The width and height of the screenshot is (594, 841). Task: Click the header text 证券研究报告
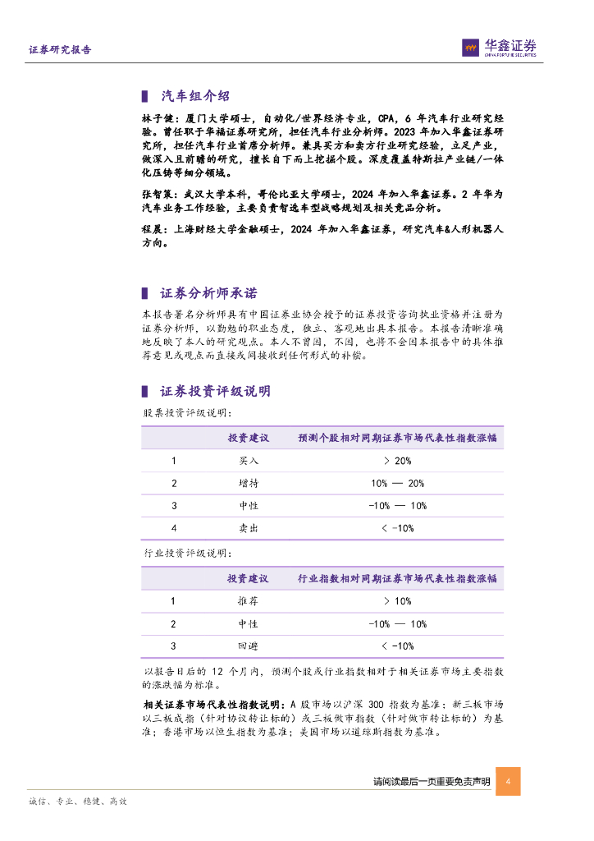[x=60, y=49]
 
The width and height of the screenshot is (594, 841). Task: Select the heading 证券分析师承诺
[x=208, y=293]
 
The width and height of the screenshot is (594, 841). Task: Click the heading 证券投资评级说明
[x=215, y=391]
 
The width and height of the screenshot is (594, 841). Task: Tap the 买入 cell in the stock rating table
[x=249, y=461]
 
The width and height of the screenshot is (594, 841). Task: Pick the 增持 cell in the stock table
[x=249, y=483]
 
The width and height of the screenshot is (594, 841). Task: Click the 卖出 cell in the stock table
[x=249, y=528]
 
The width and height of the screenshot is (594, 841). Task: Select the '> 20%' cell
[x=397, y=461]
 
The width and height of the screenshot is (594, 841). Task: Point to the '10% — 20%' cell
[x=397, y=483]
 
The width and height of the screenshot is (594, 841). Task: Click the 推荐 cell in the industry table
[x=249, y=601]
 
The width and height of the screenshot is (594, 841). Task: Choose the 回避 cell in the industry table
[x=249, y=646]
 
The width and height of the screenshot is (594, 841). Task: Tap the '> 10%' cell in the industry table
[x=397, y=601]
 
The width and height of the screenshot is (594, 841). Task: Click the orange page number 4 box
[x=508, y=781]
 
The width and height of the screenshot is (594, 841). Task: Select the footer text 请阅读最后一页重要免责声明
[x=431, y=782]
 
